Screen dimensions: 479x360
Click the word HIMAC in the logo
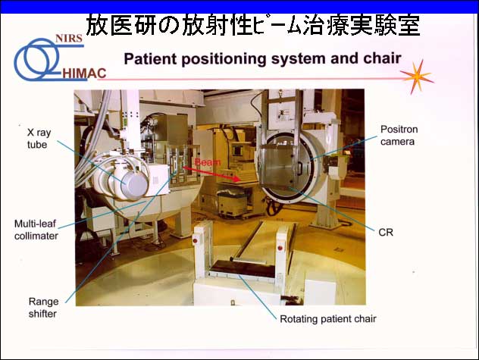(x=84, y=74)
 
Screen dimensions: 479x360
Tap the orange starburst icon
(x=418, y=77)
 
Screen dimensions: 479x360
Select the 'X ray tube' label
(x=39, y=139)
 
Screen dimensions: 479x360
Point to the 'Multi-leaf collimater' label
(x=36, y=230)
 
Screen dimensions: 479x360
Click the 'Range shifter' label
(x=43, y=308)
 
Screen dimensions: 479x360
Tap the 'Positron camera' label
(x=399, y=136)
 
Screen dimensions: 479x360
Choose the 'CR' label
(x=386, y=233)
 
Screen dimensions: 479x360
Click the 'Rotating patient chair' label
(x=327, y=319)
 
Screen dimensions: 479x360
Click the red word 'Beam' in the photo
(x=208, y=162)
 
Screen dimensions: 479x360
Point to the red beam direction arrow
(x=211, y=174)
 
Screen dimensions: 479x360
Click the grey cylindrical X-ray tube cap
(x=134, y=185)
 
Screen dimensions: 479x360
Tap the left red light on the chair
(x=195, y=241)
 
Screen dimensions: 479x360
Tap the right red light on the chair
(x=280, y=248)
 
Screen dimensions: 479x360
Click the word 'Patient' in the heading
(x=150, y=58)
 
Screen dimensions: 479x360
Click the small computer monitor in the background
(x=237, y=151)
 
